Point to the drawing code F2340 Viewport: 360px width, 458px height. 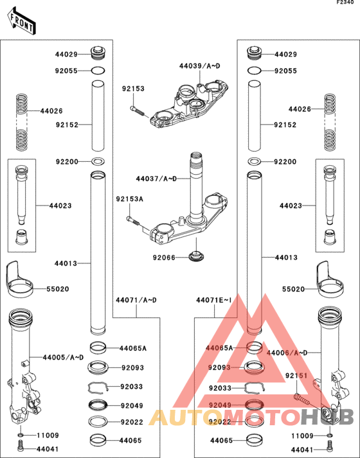(345, 4)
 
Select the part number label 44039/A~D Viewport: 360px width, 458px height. (199, 66)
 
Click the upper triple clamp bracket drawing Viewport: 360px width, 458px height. (190, 102)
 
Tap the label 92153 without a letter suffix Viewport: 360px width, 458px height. (133, 89)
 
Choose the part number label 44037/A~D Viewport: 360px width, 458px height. (156, 178)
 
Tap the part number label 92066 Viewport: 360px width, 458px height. (164, 258)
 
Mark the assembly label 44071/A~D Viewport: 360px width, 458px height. (136, 300)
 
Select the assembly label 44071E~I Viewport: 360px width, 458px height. (213, 300)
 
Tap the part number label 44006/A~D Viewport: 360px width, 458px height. (287, 353)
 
